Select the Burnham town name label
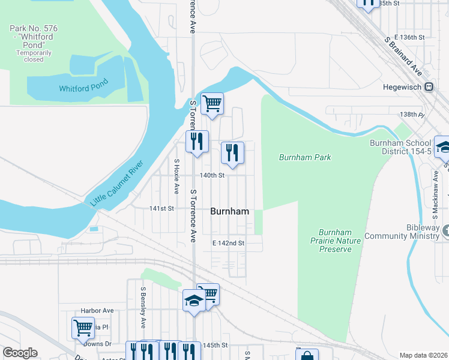(x=229, y=211)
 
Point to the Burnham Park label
(x=305, y=157)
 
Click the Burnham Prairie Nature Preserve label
(x=335, y=241)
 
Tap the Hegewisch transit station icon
(x=429, y=87)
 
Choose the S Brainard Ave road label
(x=403, y=55)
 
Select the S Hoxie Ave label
(x=176, y=176)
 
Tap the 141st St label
(x=161, y=208)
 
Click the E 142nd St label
(x=229, y=243)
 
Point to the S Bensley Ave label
(x=143, y=307)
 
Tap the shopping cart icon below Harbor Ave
(x=83, y=328)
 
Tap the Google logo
(x=20, y=353)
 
